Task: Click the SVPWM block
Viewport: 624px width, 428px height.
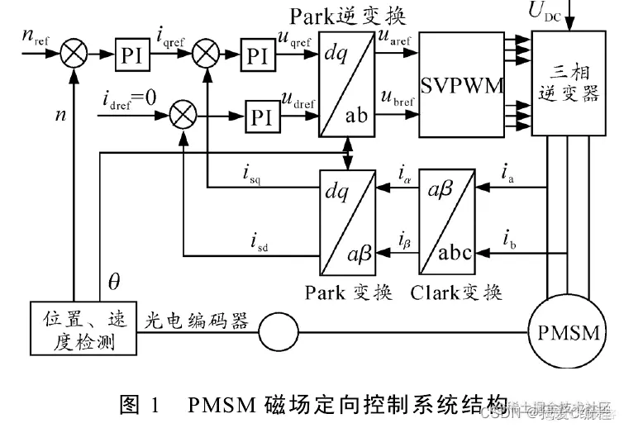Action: tap(461, 86)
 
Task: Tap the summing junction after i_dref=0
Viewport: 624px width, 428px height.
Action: tap(183, 113)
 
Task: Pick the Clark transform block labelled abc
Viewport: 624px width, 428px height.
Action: tap(448, 221)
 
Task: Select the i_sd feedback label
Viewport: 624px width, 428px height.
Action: tap(260, 241)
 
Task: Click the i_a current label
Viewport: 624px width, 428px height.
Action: tap(511, 173)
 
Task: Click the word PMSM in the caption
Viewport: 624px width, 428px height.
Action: tap(221, 405)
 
